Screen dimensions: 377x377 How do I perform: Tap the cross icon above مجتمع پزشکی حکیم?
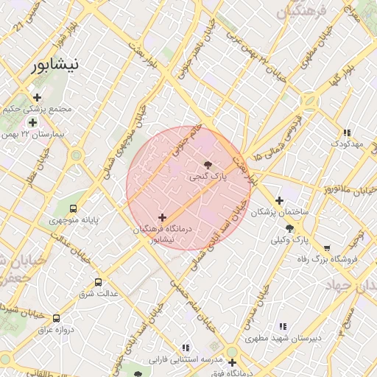pos(37,97)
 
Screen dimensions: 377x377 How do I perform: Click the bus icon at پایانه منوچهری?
pos(74,208)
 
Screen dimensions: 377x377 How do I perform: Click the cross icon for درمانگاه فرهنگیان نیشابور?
pos(162,217)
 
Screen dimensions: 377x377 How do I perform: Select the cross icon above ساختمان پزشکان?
pos(279,200)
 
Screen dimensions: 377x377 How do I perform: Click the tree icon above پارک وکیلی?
pos(290,228)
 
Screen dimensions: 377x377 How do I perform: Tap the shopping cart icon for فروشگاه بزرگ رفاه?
pos(326,248)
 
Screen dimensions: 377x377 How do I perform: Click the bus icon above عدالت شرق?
pos(99,282)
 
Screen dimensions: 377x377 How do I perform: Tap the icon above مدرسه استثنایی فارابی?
pos(186,347)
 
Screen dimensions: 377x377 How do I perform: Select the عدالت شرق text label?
pos(99,294)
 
